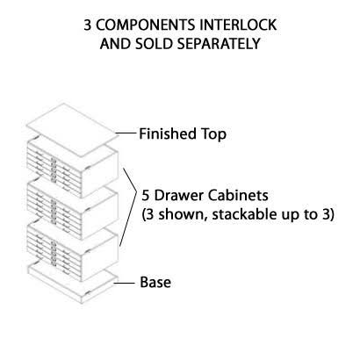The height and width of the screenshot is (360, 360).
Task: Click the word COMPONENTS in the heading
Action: pyautogui.click(x=146, y=25)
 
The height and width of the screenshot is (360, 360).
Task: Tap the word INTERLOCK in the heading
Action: pyautogui.click(x=238, y=25)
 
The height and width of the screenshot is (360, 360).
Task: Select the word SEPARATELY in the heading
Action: pyautogui.click(x=219, y=44)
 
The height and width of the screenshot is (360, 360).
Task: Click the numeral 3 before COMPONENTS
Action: pyautogui.click(x=88, y=25)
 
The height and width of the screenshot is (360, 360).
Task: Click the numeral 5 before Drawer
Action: pyautogui.click(x=146, y=196)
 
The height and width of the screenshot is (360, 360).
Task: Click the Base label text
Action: pyautogui.click(x=155, y=282)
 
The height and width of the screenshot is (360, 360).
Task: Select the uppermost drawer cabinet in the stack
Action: pyautogui.click(x=73, y=167)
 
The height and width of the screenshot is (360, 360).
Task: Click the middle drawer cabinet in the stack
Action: pyautogui.click(x=73, y=208)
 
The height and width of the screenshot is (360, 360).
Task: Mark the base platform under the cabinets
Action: pyautogui.click(x=73, y=283)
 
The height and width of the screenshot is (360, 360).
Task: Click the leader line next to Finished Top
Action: pyautogui.click(x=126, y=133)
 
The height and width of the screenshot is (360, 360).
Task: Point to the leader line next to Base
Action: pyautogui.click(x=125, y=283)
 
